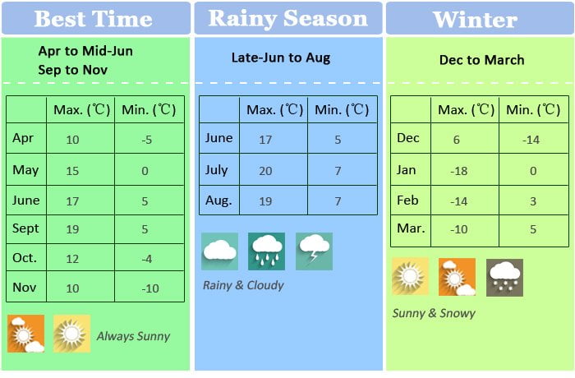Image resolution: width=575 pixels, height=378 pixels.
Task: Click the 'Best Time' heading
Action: [93, 19]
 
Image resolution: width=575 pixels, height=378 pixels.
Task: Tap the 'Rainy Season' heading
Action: [287, 18]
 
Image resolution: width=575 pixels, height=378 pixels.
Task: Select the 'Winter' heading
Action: [475, 20]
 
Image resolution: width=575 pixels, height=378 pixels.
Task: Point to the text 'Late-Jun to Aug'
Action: [281, 58]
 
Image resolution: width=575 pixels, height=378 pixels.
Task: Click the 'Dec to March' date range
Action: [481, 60]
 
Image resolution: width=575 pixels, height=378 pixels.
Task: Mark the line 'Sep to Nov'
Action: [72, 70]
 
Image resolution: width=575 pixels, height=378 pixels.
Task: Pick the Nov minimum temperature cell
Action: [149, 287]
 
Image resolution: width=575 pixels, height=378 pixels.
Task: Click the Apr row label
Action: [23, 138]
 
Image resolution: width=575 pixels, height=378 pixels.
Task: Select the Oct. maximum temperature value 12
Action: [72, 259]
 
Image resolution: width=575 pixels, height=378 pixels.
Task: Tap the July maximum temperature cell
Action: [274, 169]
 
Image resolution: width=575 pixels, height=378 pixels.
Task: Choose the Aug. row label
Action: [218, 201]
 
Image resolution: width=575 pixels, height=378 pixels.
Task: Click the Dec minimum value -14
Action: [531, 140]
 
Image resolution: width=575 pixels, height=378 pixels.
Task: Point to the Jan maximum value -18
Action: [458, 171]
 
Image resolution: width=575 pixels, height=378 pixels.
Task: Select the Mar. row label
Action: [411, 228]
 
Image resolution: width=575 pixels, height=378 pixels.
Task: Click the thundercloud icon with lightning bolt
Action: [315, 251]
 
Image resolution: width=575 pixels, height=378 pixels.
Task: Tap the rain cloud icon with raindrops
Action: [267, 251]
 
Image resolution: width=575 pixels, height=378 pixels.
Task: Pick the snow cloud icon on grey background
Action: [504, 278]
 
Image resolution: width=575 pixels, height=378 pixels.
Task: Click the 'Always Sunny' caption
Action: [133, 336]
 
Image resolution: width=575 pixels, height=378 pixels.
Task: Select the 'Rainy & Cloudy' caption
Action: [243, 285]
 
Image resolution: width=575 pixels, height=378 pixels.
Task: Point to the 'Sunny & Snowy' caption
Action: [434, 313]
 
